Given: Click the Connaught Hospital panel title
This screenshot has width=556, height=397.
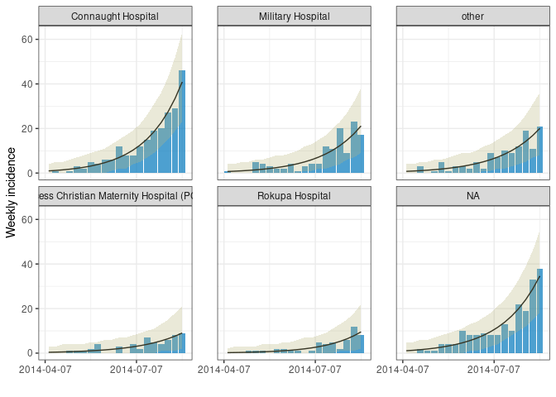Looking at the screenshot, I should pos(116,17).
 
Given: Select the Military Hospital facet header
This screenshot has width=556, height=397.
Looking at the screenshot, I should pos(294,17).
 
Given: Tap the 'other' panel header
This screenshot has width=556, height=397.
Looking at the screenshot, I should pos(472,17).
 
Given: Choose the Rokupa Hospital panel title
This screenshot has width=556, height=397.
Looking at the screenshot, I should pos(294,196).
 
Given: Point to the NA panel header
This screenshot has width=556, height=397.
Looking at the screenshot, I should pos(472,196).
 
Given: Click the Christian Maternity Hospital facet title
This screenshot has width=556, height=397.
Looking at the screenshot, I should pos(116,196).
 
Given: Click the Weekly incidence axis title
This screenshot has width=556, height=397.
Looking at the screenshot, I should pos(12,192).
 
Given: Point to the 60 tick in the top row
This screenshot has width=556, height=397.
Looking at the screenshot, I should pos(26,40).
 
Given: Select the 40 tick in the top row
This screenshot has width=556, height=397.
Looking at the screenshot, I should pos(26,84).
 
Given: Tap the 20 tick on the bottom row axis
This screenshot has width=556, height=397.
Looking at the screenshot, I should pos(26,309).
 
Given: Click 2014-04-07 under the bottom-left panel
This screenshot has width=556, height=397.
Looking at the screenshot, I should pos(46,369).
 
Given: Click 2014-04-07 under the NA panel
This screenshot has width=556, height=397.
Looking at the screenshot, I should pos(404,369).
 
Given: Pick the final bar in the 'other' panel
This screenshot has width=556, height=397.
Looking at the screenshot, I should pos(539,150).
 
